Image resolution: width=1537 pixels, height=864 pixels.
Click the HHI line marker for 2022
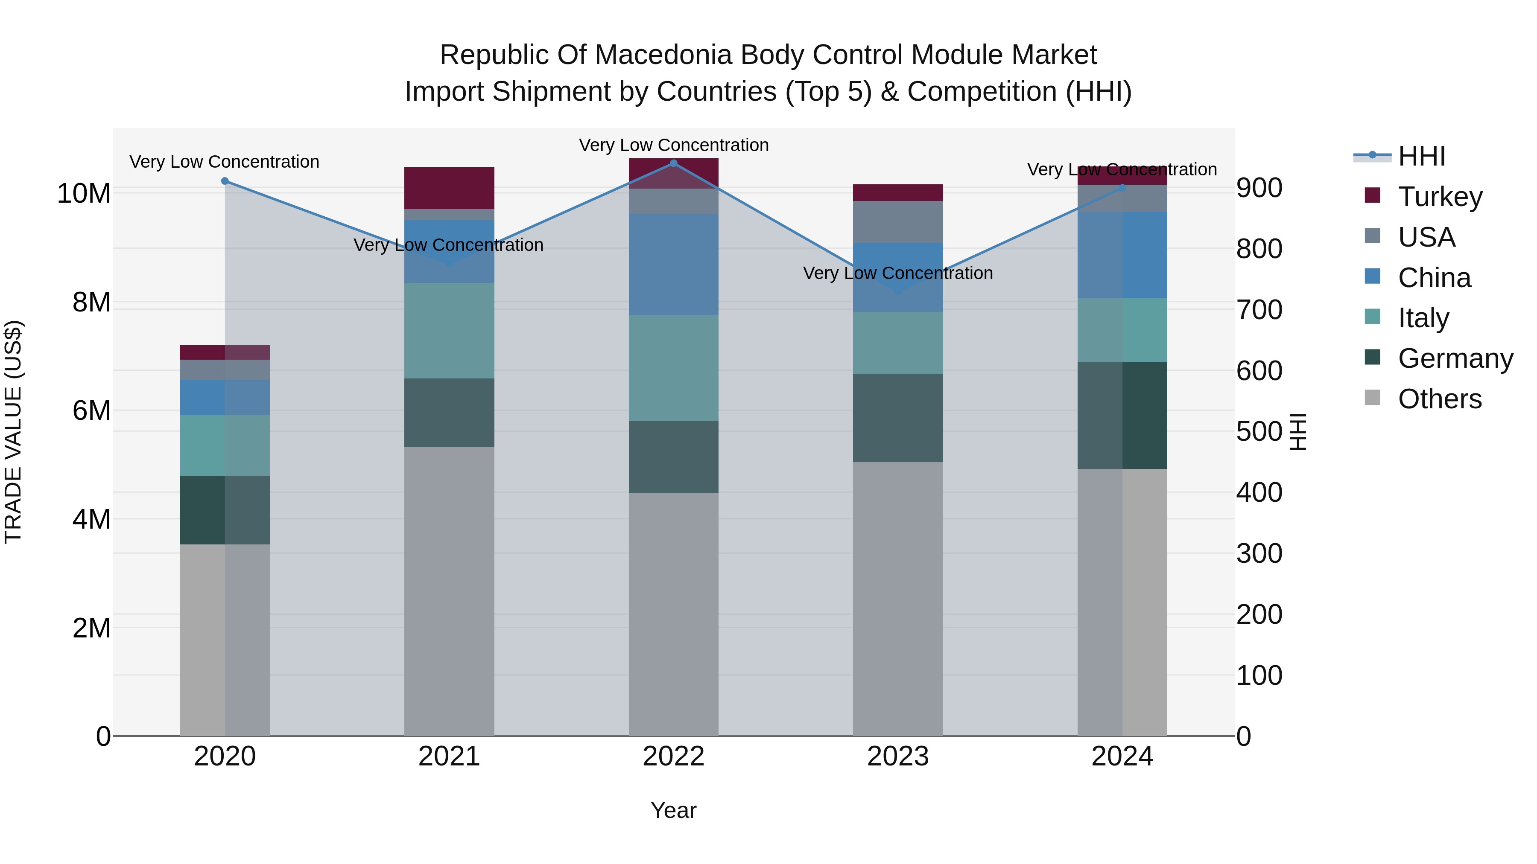[x=674, y=163]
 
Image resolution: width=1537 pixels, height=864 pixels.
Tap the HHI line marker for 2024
[x=1122, y=188]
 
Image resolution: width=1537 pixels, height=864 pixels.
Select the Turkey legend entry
[x=1440, y=197]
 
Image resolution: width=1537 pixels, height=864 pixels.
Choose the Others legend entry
[x=1439, y=399]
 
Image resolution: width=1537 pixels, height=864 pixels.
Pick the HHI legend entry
[x=1421, y=156]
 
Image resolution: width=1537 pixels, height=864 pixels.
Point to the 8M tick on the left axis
[x=91, y=303]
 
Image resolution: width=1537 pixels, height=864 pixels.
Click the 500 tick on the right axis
[x=1259, y=432]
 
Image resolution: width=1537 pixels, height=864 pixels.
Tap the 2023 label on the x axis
[x=897, y=756]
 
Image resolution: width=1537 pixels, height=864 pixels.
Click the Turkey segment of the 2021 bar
[x=449, y=188]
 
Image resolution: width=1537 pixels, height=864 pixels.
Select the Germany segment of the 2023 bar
[x=897, y=418]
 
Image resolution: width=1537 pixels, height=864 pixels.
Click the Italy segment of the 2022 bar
[x=674, y=368]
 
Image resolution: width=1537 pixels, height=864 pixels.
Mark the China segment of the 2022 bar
[x=674, y=264]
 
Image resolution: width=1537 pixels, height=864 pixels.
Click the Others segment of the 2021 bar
[x=449, y=591]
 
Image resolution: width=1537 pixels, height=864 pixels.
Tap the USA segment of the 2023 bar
[x=897, y=222]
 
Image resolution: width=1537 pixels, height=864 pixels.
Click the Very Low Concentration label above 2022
[x=674, y=145]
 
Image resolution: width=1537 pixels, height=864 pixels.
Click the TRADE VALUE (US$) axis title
[x=13, y=432]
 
